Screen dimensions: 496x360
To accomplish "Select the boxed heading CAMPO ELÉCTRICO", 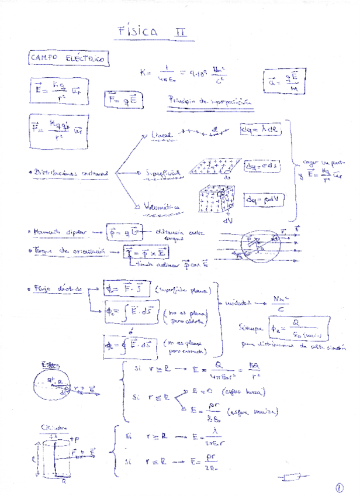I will (67, 58).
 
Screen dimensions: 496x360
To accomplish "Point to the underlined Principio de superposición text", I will (210, 101).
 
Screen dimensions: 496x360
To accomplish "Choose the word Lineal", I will (162, 136).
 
